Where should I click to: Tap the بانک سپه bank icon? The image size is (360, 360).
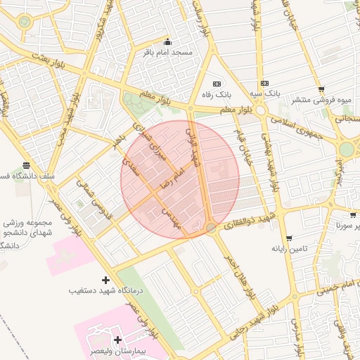coord(264,83)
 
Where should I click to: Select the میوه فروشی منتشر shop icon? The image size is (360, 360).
coord(321,89)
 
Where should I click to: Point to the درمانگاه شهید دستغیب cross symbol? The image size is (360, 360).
coord(106,279)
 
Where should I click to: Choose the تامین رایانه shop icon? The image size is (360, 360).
coord(288,238)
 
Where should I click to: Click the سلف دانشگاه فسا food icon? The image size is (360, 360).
coord(27,165)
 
